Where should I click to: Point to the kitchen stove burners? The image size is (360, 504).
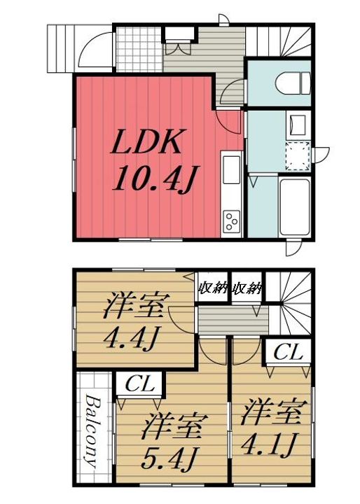click(x=230, y=222)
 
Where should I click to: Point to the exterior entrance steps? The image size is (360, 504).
click(x=60, y=48)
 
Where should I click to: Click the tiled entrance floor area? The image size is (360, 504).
click(x=137, y=48)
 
